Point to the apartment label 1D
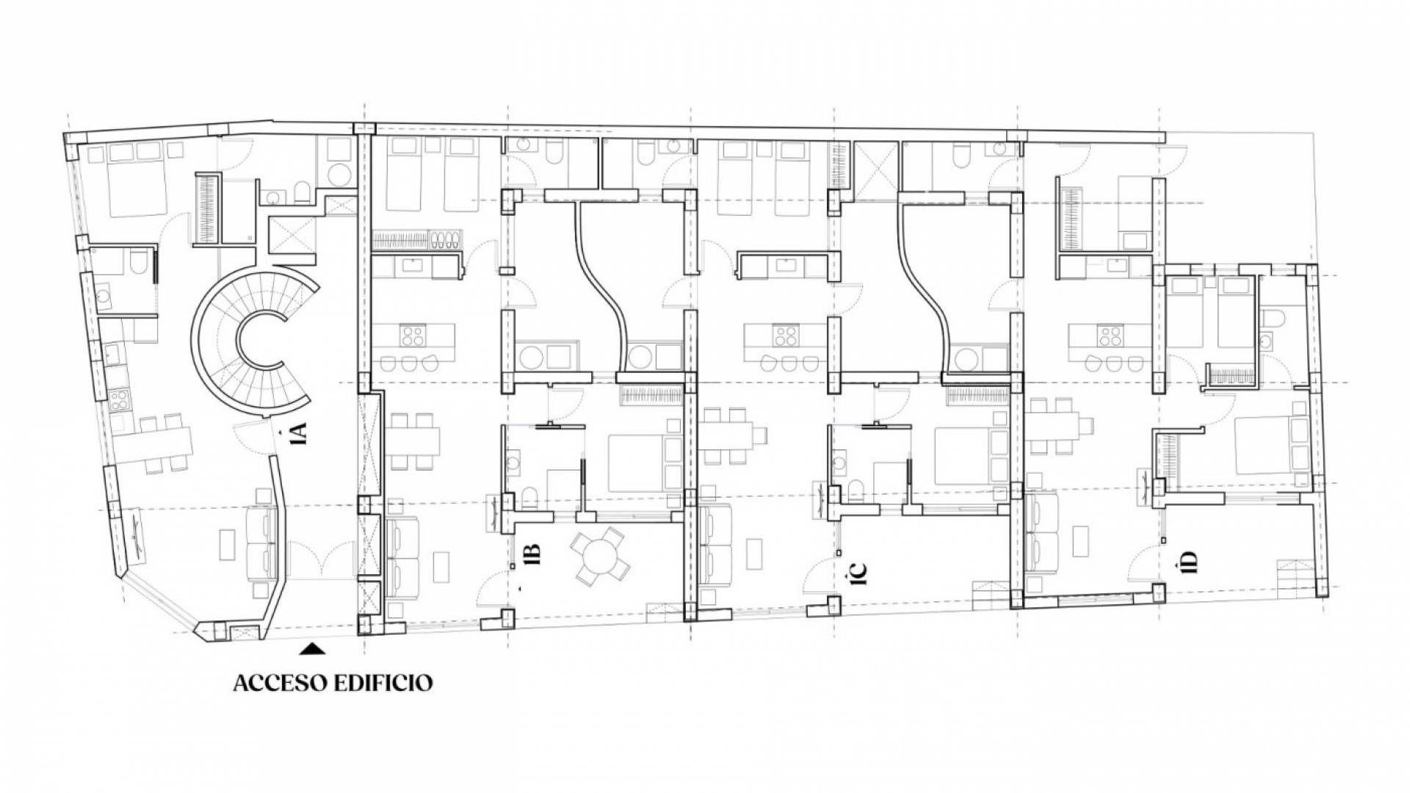coord(1189,561)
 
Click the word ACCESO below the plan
coord(281,682)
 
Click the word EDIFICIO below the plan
coord(383,682)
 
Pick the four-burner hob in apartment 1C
coord(786,336)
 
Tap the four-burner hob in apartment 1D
coord(1110,336)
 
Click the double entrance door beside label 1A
coord(319,561)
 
